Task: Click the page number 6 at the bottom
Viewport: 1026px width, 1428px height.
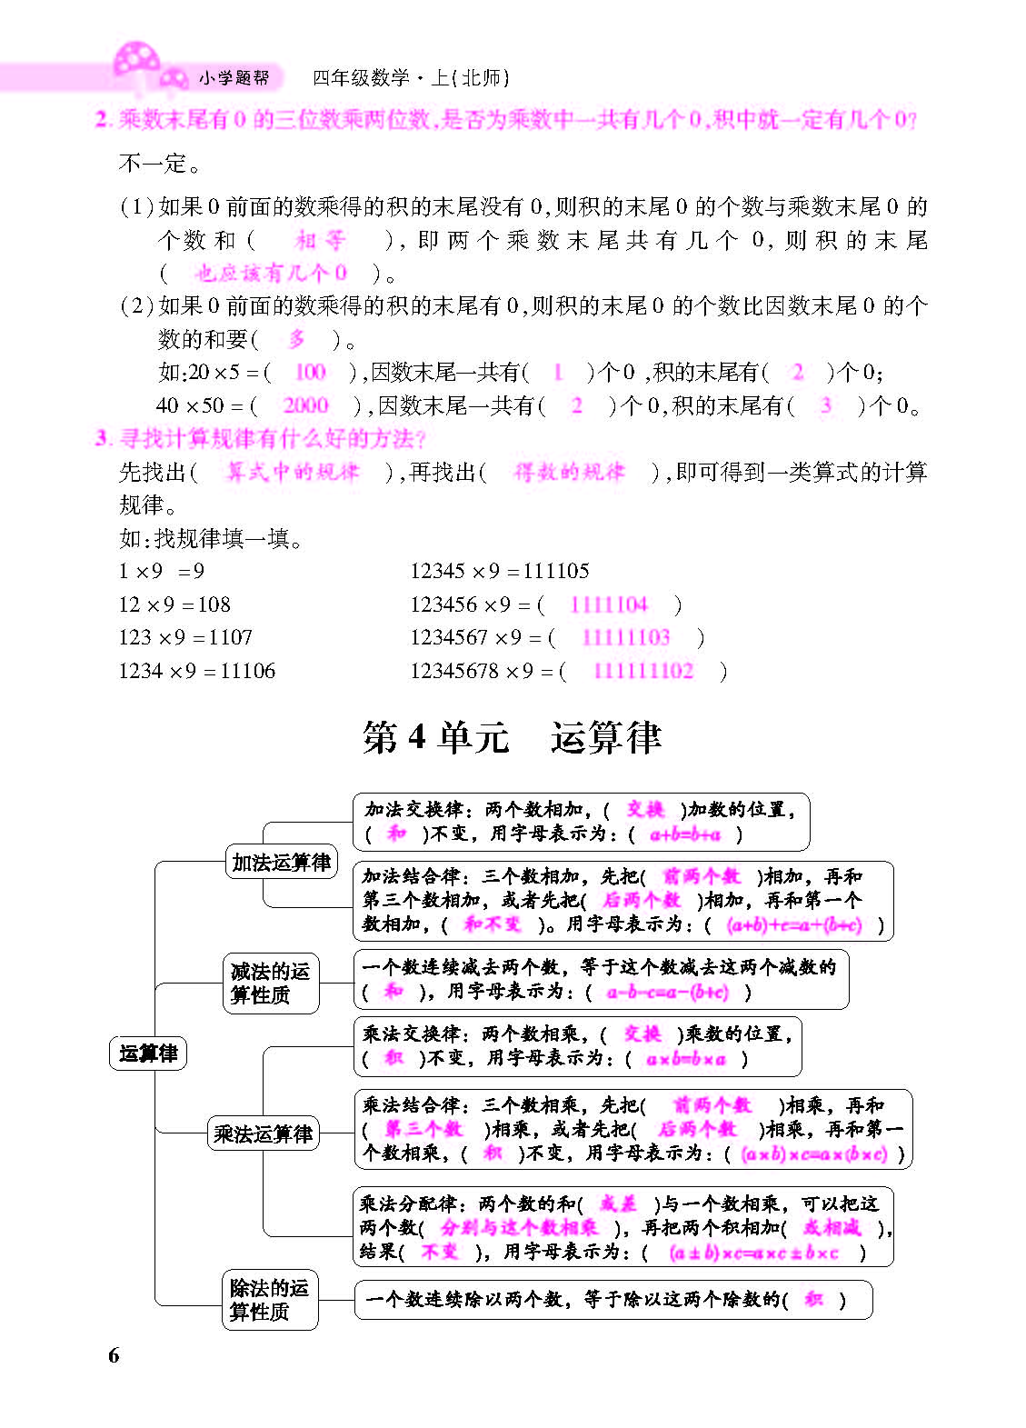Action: [x=114, y=1355]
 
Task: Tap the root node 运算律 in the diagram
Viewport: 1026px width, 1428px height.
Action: [x=148, y=1054]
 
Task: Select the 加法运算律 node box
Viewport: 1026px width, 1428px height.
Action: [x=281, y=862]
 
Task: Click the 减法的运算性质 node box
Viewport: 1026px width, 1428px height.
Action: [x=270, y=983]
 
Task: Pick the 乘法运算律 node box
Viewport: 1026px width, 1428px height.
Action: [x=264, y=1133]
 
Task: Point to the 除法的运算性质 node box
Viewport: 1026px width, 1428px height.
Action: [x=269, y=1300]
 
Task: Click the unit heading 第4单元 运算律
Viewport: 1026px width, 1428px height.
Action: [x=512, y=737]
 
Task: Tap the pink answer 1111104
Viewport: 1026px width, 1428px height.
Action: [x=608, y=604]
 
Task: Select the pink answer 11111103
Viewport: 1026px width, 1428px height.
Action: [x=625, y=637]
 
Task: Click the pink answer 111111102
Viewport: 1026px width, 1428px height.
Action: [x=642, y=671]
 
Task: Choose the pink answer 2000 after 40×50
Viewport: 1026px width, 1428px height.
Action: [x=305, y=405]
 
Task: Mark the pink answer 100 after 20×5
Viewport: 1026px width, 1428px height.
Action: [x=310, y=372]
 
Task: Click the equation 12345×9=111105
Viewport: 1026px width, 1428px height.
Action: [x=499, y=571]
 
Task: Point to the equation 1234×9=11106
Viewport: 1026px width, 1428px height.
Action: [x=196, y=671]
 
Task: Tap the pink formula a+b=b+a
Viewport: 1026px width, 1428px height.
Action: [x=685, y=834]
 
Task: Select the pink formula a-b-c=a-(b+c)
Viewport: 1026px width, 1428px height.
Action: [x=667, y=992]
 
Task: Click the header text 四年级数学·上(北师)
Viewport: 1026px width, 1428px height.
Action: [x=411, y=78]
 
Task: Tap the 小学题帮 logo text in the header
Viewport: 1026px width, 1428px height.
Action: [x=234, y=78]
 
